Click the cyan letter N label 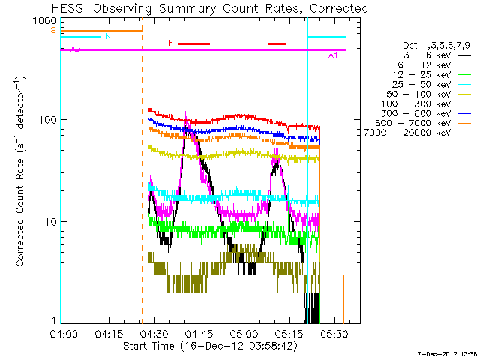[x=108, y=36]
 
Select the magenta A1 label [x=333, y=56]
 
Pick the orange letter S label [x=52, y=30]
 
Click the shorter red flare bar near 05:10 [x=277, y=43]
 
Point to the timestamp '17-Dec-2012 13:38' [x=445, y=353]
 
